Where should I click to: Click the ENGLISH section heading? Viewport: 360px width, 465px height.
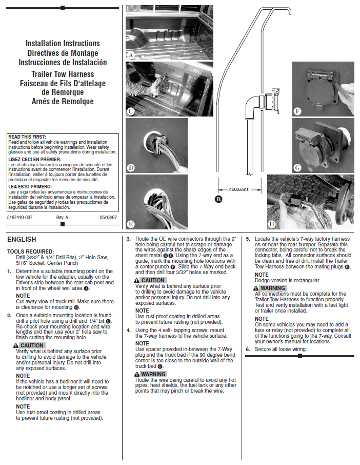tap(22, 239)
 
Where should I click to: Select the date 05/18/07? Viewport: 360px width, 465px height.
tap(108, 218)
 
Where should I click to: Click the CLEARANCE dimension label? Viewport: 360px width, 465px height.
tap(238, 189)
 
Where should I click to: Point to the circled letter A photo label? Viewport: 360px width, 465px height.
tap(131, 54)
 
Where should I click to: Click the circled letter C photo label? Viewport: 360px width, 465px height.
tap(131, 111)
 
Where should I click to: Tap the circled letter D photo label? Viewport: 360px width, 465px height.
tap(131, 167)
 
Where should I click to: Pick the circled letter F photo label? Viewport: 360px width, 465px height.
tap(297, 111)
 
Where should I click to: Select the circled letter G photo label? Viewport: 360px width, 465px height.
tap(297, 167)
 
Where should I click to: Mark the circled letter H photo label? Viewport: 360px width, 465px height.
tap(272, 224)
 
